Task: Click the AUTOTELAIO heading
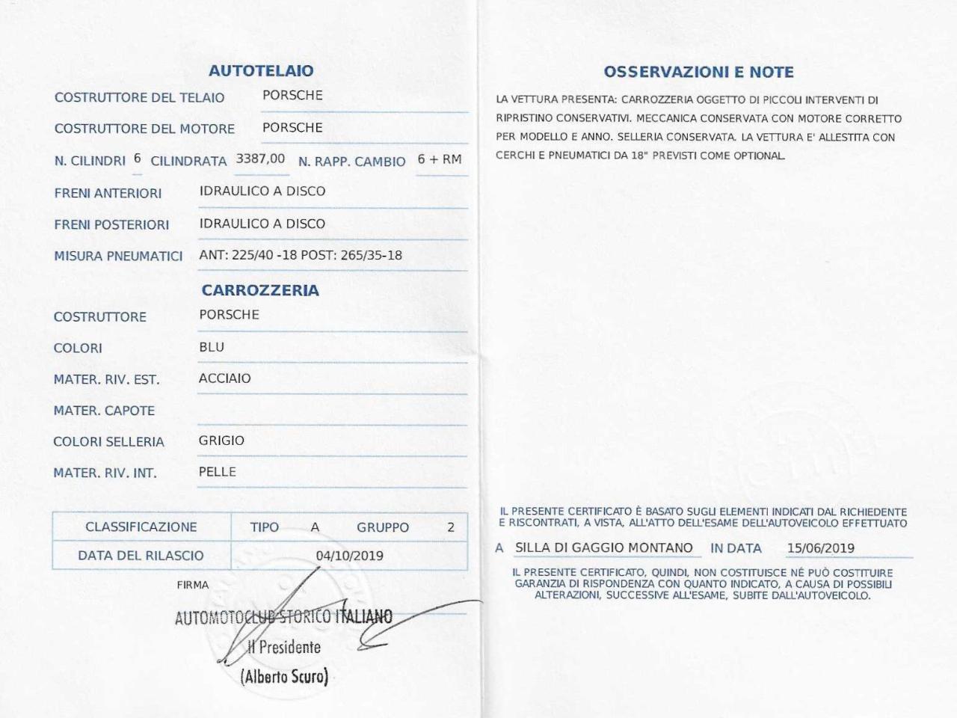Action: coord(261,71)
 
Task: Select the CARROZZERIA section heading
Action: coord(260,290)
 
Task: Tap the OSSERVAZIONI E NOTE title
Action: coord(698,73)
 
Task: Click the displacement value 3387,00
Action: coord(260,159)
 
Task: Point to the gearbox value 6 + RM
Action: coord(440,159)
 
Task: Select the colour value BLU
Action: coord(212,347)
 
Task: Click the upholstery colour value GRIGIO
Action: coord(221,441)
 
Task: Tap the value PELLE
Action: coord(218,472)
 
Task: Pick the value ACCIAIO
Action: coord(225,378)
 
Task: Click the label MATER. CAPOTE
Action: coord(104,411)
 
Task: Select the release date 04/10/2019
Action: coord(349,556)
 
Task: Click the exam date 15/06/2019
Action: coord(820,548)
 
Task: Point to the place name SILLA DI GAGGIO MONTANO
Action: coord(604,547)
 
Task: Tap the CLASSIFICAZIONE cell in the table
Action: coord(141,527)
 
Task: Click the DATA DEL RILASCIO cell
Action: coord(141,556)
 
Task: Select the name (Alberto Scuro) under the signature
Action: coord(284,677)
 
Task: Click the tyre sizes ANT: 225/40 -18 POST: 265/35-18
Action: coord(301,255)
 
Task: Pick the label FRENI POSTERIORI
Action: coord(111,224)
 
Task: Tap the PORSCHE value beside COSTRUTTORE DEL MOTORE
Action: coord(292,127)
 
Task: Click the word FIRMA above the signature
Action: coord(193,585)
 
